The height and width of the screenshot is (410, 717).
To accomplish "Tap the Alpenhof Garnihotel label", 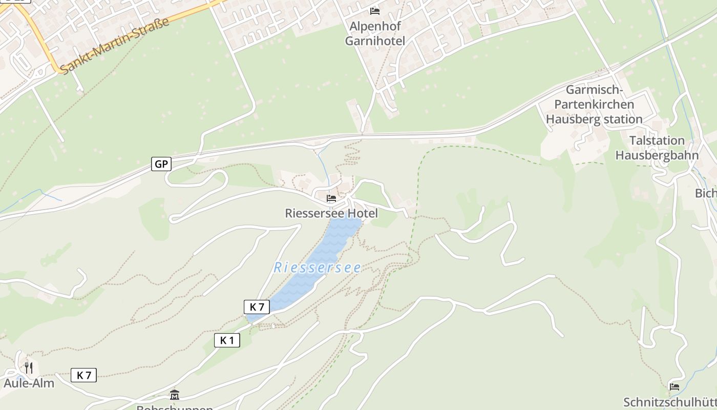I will tap(375, 33).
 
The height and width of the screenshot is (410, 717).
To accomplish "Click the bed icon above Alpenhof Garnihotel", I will tap(375, 11).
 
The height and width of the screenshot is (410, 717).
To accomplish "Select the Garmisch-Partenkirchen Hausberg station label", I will tap(594, 105).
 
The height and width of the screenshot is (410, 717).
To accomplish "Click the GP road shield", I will tap(161, 164).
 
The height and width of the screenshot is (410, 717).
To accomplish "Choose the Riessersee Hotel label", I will tap(331, 213).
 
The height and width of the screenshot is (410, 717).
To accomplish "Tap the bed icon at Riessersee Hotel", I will tap(331, 198).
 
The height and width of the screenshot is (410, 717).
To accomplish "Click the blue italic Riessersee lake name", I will tap(318, 268).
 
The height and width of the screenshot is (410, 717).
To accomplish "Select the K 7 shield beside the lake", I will tap(257, 307).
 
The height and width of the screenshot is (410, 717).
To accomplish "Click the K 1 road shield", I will tap(227, 340).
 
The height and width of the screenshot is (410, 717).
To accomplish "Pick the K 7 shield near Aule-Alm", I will tap(83, 375).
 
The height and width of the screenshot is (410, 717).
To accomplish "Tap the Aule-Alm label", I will tap(29, 383).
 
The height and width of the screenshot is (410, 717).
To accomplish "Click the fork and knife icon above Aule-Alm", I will tap(29, 367).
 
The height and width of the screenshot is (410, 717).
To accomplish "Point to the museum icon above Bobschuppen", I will tap(175, 395).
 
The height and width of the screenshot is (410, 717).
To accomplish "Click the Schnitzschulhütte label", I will tap(670, 402).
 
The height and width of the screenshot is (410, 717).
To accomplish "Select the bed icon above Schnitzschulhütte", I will tap(674, 387).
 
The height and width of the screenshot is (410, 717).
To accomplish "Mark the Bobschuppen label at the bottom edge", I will tap(175, 407).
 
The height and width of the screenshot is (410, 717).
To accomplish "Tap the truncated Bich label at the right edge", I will tap(706, 193).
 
